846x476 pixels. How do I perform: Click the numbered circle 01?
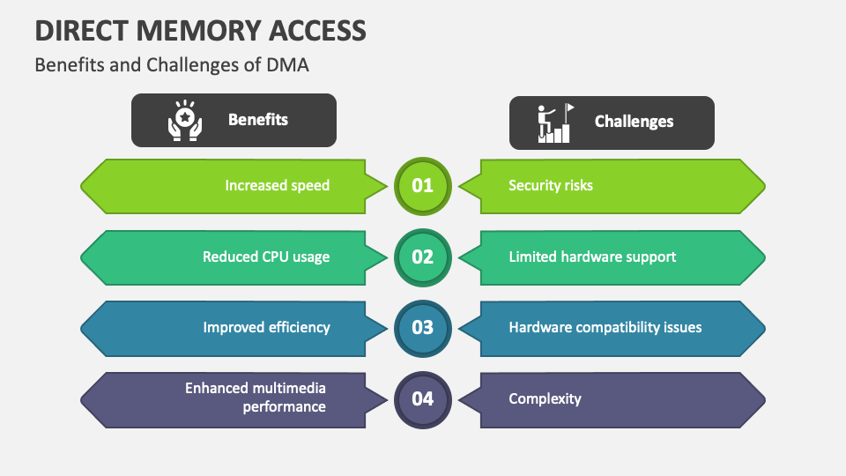pos(423,186)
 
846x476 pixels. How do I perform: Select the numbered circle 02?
pos(423,257)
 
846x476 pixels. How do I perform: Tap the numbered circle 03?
pos(423,328)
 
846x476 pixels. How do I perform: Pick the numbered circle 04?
pos(423,398)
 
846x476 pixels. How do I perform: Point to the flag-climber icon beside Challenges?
pos(554,123)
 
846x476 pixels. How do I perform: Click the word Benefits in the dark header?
pos(258,120)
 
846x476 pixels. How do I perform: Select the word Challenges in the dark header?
pos(634,122)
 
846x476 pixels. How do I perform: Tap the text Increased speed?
pos(277,185)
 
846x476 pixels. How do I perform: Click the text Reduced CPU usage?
pos(266,257)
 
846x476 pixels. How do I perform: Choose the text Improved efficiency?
pos(266,327)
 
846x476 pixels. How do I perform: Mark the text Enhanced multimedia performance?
pos(256,398)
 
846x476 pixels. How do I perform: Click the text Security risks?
pos(551,185)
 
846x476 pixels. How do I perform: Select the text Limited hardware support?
pos(592,257)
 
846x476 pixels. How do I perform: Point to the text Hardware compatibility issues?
pos(605,327)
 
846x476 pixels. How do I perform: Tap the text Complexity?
pos(545,398)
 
